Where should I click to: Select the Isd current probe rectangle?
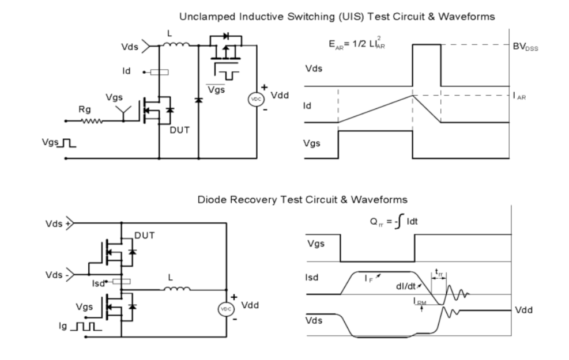122,282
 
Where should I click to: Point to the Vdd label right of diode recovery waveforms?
523,309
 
